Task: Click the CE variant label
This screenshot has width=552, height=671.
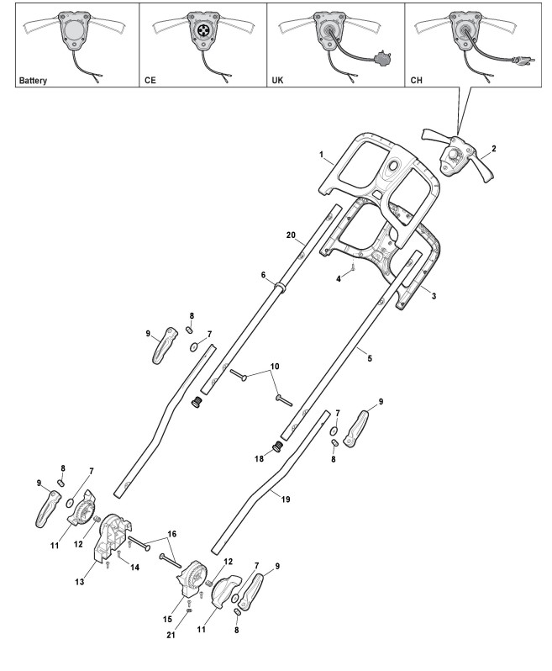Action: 150,82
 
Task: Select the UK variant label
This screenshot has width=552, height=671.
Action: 279,82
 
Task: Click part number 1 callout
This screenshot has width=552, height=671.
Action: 320,154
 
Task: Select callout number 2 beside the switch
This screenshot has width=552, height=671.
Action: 493,149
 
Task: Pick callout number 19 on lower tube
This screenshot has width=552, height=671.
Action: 285,499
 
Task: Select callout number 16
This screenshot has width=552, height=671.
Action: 173,533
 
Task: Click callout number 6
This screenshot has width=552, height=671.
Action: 263,275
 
